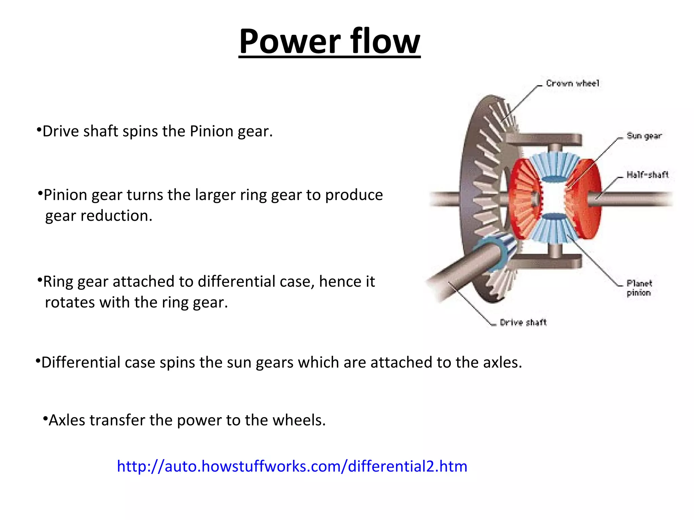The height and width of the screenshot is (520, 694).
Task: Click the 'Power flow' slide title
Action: click(329, 41)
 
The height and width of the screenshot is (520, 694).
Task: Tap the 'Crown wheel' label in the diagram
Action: click(572, 83)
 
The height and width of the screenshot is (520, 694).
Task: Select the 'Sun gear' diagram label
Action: click(644, 136)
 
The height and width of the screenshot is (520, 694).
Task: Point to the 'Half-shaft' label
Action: click(647, 175)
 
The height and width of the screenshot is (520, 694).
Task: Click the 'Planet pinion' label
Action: click(639, 288)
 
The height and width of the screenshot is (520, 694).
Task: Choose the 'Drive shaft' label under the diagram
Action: click(523, 322)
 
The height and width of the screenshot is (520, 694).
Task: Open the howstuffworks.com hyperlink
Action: click(292, 466)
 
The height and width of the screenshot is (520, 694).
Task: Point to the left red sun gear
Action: click(524, 200)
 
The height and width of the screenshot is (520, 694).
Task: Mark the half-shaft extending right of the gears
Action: click(634, 199)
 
